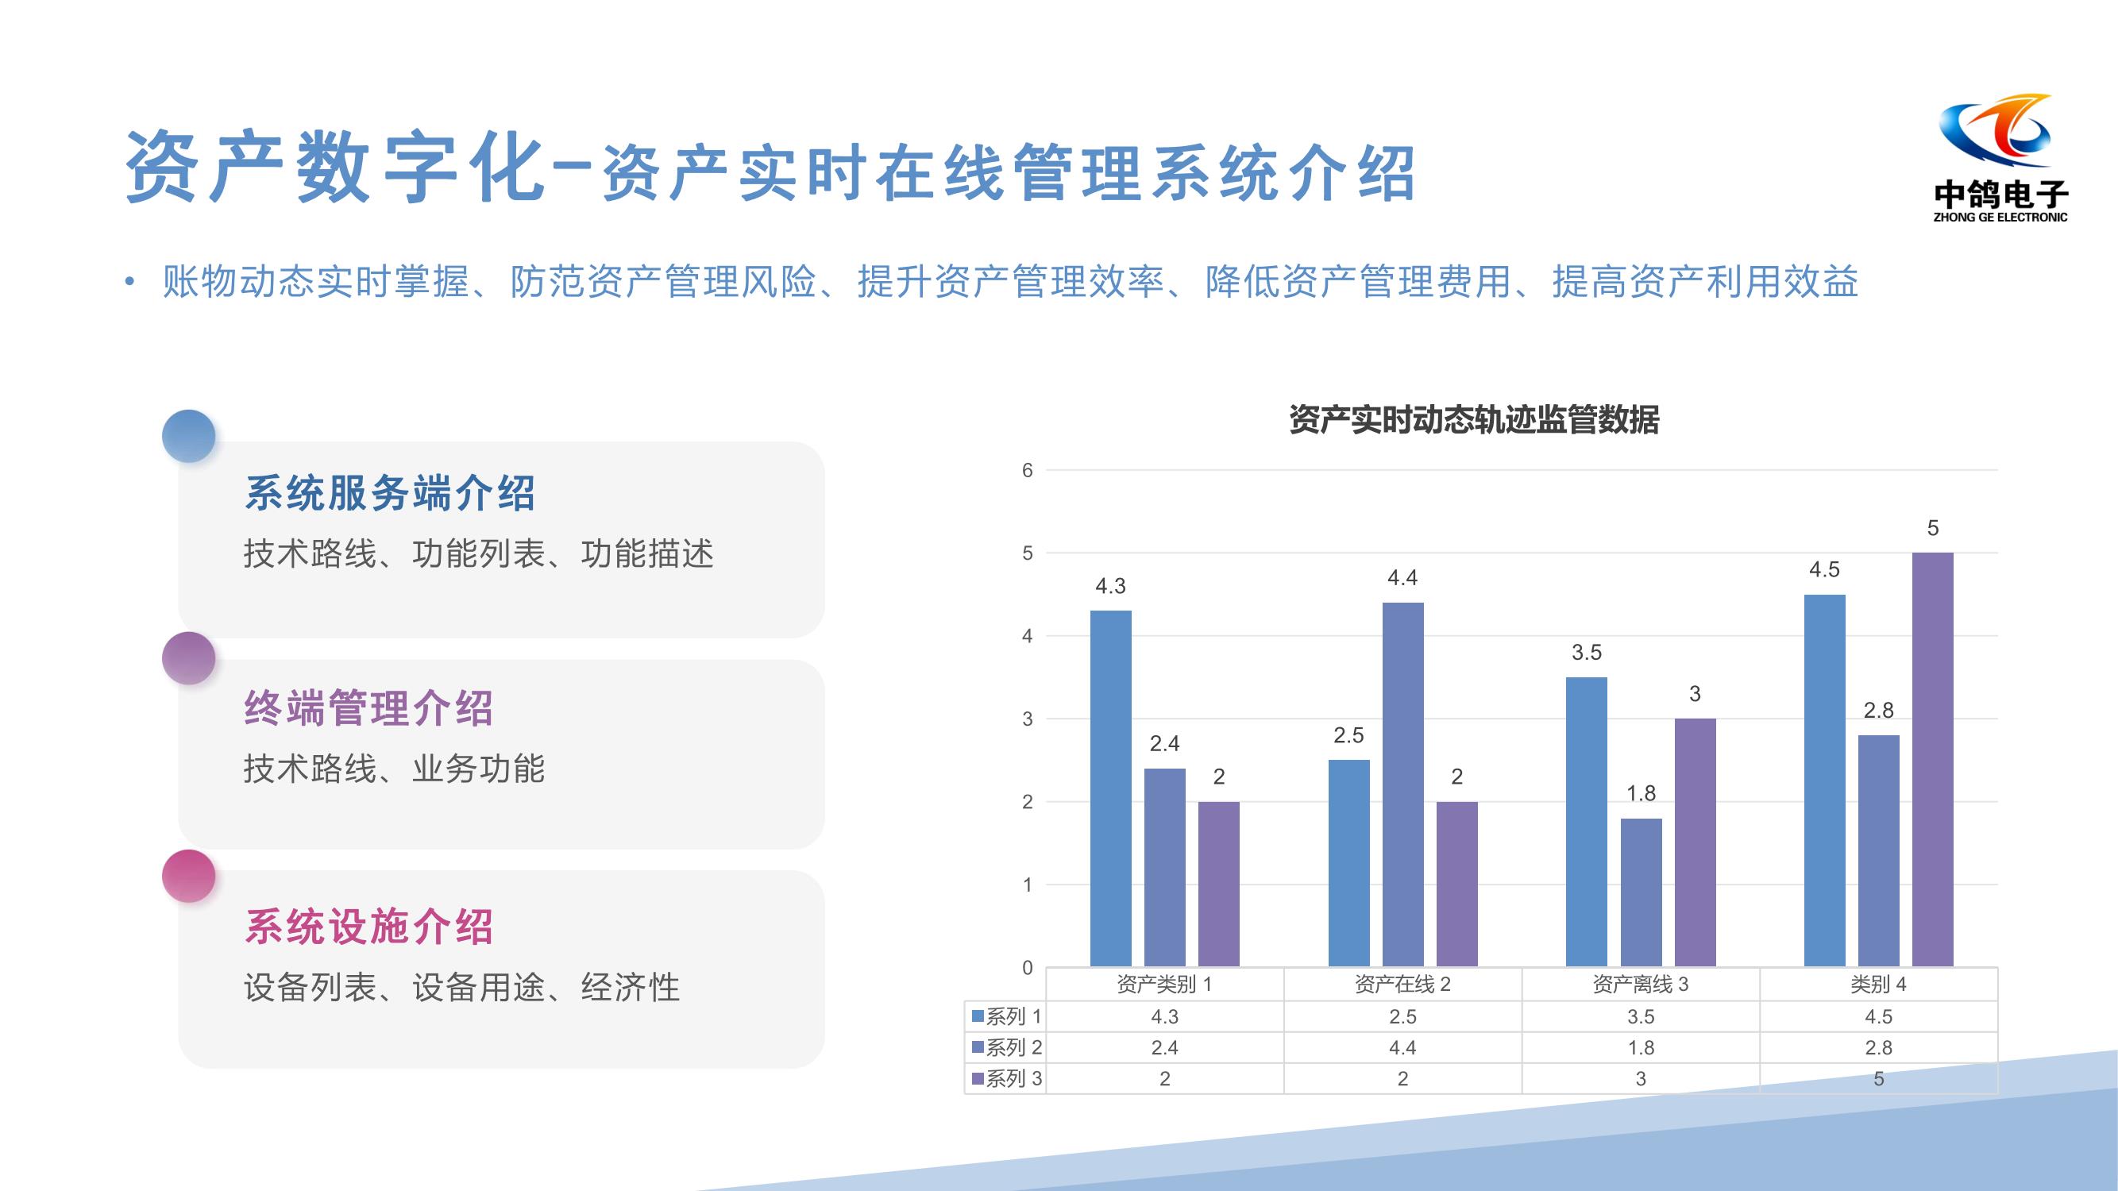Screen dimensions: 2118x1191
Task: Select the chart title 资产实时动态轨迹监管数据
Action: (x=1474, y=419)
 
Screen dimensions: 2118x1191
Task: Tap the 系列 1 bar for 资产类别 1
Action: (x=1111, y=788)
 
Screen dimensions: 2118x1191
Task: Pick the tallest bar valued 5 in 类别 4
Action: (x=1932, y=760)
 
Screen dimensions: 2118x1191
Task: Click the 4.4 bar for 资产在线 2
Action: (x=1402, y=784)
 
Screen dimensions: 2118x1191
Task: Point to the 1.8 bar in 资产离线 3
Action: (x=1642, y=892)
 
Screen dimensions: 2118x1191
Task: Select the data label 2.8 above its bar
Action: (x=1879, y=710)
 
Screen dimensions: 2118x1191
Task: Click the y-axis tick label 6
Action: (x=1027, y=470)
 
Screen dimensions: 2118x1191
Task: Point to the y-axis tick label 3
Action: (x=1027, y=719)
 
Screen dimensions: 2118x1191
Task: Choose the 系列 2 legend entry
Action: (x=1006, y=1047)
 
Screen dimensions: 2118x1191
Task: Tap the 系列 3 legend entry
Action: (x=1006, y=1078)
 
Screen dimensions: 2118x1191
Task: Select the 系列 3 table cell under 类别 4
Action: (x=1879, y=1078)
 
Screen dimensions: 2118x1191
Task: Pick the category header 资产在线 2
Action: (x=1402, y=984)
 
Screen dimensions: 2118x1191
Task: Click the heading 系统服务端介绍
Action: (x=390, y=494)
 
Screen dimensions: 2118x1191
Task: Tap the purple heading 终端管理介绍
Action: (x=369, y=708)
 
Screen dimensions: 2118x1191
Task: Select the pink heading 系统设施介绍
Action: (x=369, y=927)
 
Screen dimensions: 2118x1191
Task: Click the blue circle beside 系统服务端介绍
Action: (x=188, y=437)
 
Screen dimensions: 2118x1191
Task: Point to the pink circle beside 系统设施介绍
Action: (x=188, y=877)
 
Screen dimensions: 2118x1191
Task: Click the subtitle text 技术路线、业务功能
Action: (x=394, y=769)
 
